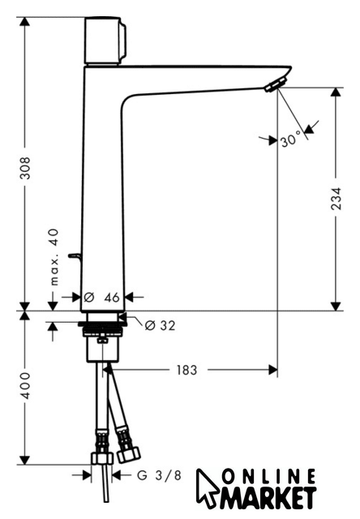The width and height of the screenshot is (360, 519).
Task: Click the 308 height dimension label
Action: [x=25, y=168]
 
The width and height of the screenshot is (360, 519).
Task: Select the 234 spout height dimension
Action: [x=336, y=199]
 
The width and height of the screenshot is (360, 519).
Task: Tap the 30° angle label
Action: [x=292, y=139]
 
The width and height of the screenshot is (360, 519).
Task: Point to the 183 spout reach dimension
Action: [x=186, y=370]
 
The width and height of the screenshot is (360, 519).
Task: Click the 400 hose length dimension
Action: [x=25, y=386]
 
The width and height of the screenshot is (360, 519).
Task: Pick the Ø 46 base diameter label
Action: [x=101, y=298]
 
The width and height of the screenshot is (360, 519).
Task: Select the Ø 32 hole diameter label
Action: [x=161, y=326]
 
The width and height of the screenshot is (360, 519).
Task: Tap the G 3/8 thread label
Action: [x=159, y=476]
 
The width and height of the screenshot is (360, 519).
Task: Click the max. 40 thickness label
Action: [x=54, y=257]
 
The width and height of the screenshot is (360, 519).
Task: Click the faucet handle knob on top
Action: [x=105, y=41]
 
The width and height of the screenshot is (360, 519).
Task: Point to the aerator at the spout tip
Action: [x=276, y=84]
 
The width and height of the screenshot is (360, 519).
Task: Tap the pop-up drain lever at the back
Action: [x=75, y=258]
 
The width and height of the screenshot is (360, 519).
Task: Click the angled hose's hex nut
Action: [x=129, y=454]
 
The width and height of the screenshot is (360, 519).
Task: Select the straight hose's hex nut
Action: [x=102, y=459]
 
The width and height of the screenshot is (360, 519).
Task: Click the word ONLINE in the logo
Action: [x=268, y=477]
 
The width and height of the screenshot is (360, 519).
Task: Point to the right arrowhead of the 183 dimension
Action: [x=272, y=370]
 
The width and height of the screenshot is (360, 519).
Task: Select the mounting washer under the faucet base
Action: [x=102, y=324]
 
